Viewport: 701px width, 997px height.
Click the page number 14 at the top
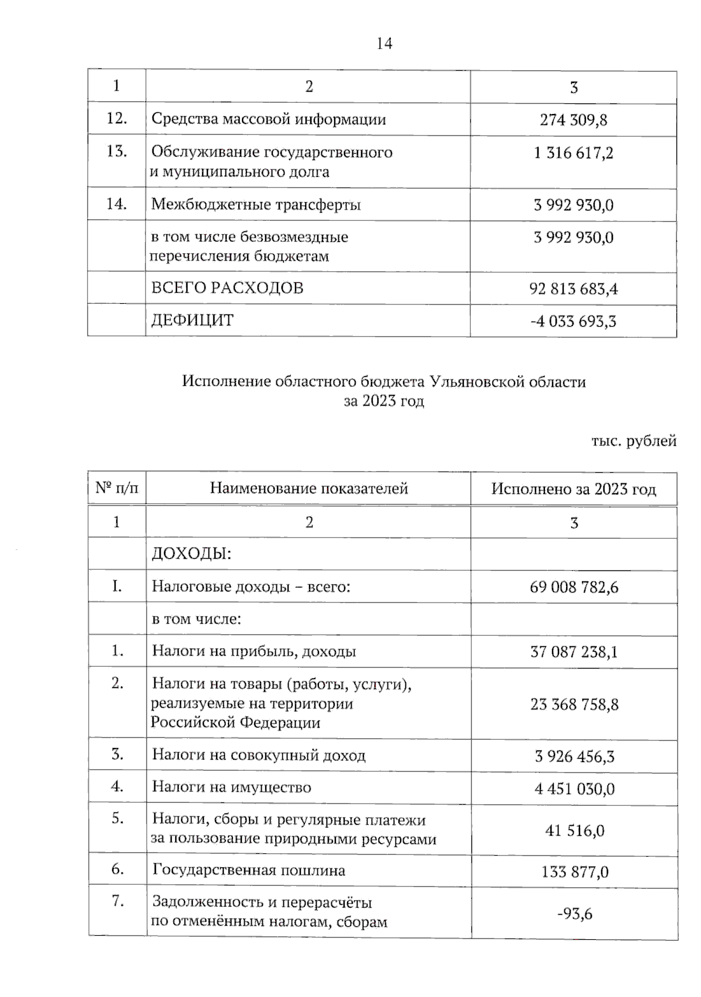pyautogui.click(x=384, y=44)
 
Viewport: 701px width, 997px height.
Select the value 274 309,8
pyautogui.click(x=573, y=120)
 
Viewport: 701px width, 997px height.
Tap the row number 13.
pyautogui.click(x=116, y=151)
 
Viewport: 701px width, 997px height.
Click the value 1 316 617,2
pyautogui.click(x=573, y=153)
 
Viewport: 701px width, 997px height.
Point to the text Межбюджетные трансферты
pyautogui.click(x=256, y=205)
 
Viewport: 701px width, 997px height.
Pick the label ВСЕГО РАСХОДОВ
pyautogui.click(x=227, y=288)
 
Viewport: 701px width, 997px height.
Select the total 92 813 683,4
pyautogui.click(x=573, y=289)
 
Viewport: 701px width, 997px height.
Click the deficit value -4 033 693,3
pyautogui.click(x=573, y=321)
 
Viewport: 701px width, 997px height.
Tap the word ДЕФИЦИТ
pyautogui.click(x=192, y=320)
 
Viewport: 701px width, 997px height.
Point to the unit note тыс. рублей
pyautogui.click(x=634, y=441)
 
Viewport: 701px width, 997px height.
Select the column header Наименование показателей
pyautogui.click(x=308, y=489)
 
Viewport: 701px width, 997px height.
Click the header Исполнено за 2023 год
pyautogui.click(x=573, y=489)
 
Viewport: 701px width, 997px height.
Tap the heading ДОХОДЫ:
pyautogui.click(x=192, y=553)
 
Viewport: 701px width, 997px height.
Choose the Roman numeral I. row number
pyautogui.click(x=117, y=586)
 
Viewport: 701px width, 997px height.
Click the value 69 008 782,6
pyautogui.click(x=573, y=587)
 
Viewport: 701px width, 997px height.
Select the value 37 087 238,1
pyautogui.click(x=573, y=652)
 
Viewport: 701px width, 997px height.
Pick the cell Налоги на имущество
pyautogui.click(x=231, y=787)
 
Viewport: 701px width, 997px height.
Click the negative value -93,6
pyautogui.click(x=574, y=913)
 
